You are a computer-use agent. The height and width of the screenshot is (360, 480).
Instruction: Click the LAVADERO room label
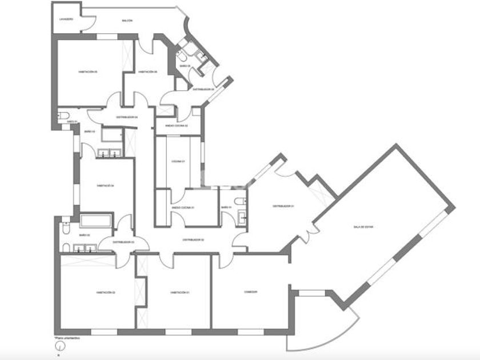point(66,18)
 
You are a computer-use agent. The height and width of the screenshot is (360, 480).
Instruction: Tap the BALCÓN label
point(127,21)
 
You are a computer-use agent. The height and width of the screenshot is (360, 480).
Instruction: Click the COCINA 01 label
point(179,162)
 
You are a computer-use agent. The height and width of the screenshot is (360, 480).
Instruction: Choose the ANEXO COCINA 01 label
point(183,207)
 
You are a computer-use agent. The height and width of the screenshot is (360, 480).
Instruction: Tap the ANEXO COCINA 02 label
point(176,126)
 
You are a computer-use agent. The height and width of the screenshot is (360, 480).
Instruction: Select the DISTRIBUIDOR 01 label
point(282,206)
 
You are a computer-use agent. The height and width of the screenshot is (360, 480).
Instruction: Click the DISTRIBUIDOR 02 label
point(193,240)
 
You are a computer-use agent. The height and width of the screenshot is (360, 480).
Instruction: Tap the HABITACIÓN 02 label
point(106,293)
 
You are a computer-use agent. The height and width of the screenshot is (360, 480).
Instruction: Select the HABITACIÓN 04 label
point(106,185)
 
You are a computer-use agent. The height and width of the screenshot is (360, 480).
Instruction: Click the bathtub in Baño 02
point(96,221)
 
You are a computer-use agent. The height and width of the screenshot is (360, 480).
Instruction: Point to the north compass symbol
point(58,345)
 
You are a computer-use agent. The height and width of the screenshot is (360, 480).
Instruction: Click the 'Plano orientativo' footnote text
point(67,338)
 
